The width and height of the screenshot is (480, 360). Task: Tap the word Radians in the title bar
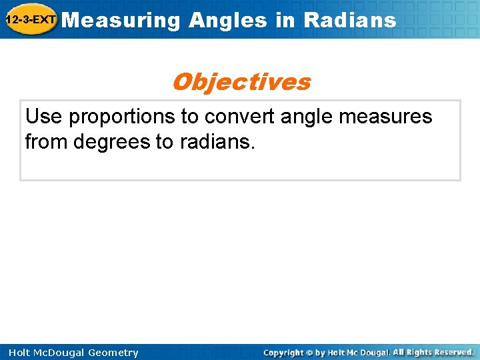[349, 20]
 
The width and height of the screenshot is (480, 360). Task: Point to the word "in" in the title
[285, 20]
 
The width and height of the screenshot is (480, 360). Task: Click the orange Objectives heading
[241, 82]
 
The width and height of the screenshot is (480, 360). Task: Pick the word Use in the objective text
[44, 117]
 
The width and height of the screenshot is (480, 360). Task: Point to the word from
[48, 141]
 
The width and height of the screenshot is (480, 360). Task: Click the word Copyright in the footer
[283, 353]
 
